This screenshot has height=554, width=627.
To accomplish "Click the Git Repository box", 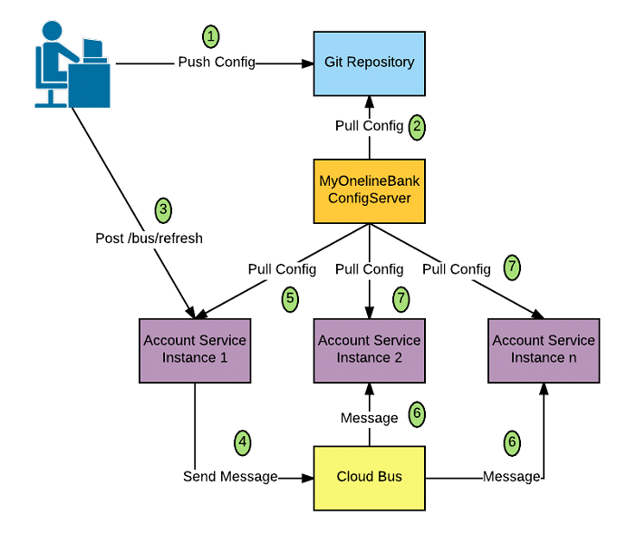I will pyautogui.click(x=369, y=63).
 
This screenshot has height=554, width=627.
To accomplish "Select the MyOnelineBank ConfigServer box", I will pyautogui.click(x=369, y=190).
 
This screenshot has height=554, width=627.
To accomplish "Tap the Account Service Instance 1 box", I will pyautogui.click(x=194, y=348).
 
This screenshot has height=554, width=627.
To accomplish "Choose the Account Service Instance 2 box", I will pyautogui.click(x=369, y=348).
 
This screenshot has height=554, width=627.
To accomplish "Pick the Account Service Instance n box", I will pyautogui.click(x=543, y=348).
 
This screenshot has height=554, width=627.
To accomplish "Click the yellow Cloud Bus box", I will pyautogui.click(x=369, y=477).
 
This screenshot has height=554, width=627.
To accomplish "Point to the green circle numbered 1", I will pyautogui.click(x=210, y=36).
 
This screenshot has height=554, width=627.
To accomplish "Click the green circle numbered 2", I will pyautogui.click(x=417, y=125).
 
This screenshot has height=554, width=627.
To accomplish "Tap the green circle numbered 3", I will pyautogui.click(x=163, y=210).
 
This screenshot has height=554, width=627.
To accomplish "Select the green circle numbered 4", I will pyautogui.click(x=242, y=442).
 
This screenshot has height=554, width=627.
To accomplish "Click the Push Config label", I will pyautogui.click(x=217, y=63).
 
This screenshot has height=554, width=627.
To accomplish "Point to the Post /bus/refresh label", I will pyautogui.click(x=149, y=238).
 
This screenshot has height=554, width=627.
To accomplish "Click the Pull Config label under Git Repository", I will pyautogui.click(x=369, y=126).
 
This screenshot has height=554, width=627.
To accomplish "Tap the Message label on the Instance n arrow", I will pyautogui.click(x=512, y=477).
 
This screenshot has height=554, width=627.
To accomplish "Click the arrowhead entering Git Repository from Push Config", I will pyautogui.click(x=307, y=63).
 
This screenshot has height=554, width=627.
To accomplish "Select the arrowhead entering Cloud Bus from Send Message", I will pyautogui.click(x=307, y=477).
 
